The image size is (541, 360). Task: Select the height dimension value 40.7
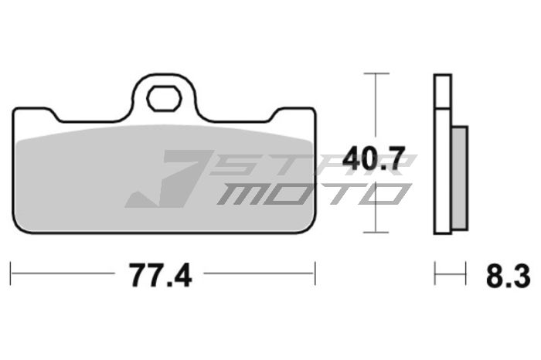click(x=374, y=160)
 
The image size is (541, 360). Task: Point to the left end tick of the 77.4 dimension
click(x=12, y=272)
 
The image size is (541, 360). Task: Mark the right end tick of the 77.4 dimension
click(x=315, y=272)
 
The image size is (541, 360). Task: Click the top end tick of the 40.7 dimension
click(x=376, y=73)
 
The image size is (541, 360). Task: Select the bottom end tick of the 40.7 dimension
click(x=376, y=233)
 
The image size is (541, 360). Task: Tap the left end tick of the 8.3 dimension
click(x=435, y=272)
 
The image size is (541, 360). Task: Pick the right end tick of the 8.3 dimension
click(x=466, y=272)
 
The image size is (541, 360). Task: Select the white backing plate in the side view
click(x=441, y=155)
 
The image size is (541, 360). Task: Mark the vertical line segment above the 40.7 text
click(x=376, y=108)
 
